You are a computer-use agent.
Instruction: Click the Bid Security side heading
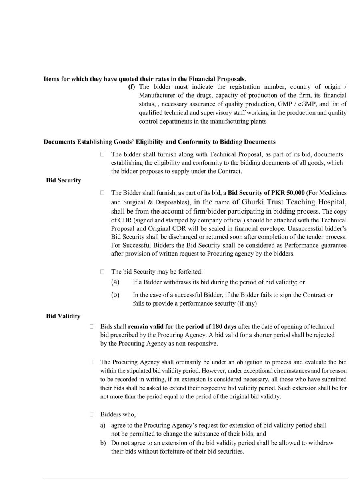pyautogui.click(x=64, y=180)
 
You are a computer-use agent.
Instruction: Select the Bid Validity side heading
pyautogui.click(x=63, y=316)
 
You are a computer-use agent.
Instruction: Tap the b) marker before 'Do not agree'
pyautogui.click(x=103, y=443)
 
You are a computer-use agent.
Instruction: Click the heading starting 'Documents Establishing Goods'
pyautogui.click(x=159, y=142)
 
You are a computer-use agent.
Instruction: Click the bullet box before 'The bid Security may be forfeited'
pyautogui.click(x=102, y=272)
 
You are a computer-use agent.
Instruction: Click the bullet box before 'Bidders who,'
pyautogui.click(x=92, y=415)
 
